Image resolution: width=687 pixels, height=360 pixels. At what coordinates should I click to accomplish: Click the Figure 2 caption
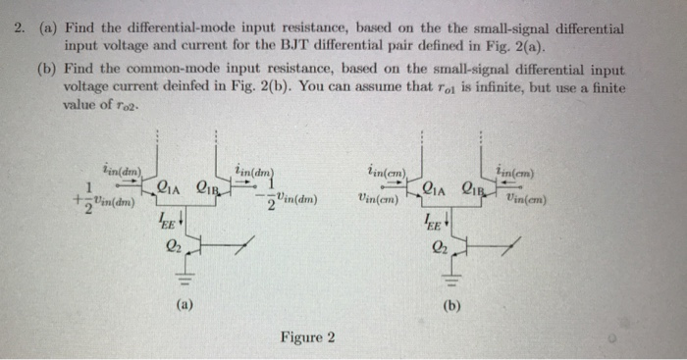(x=307, y=338)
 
